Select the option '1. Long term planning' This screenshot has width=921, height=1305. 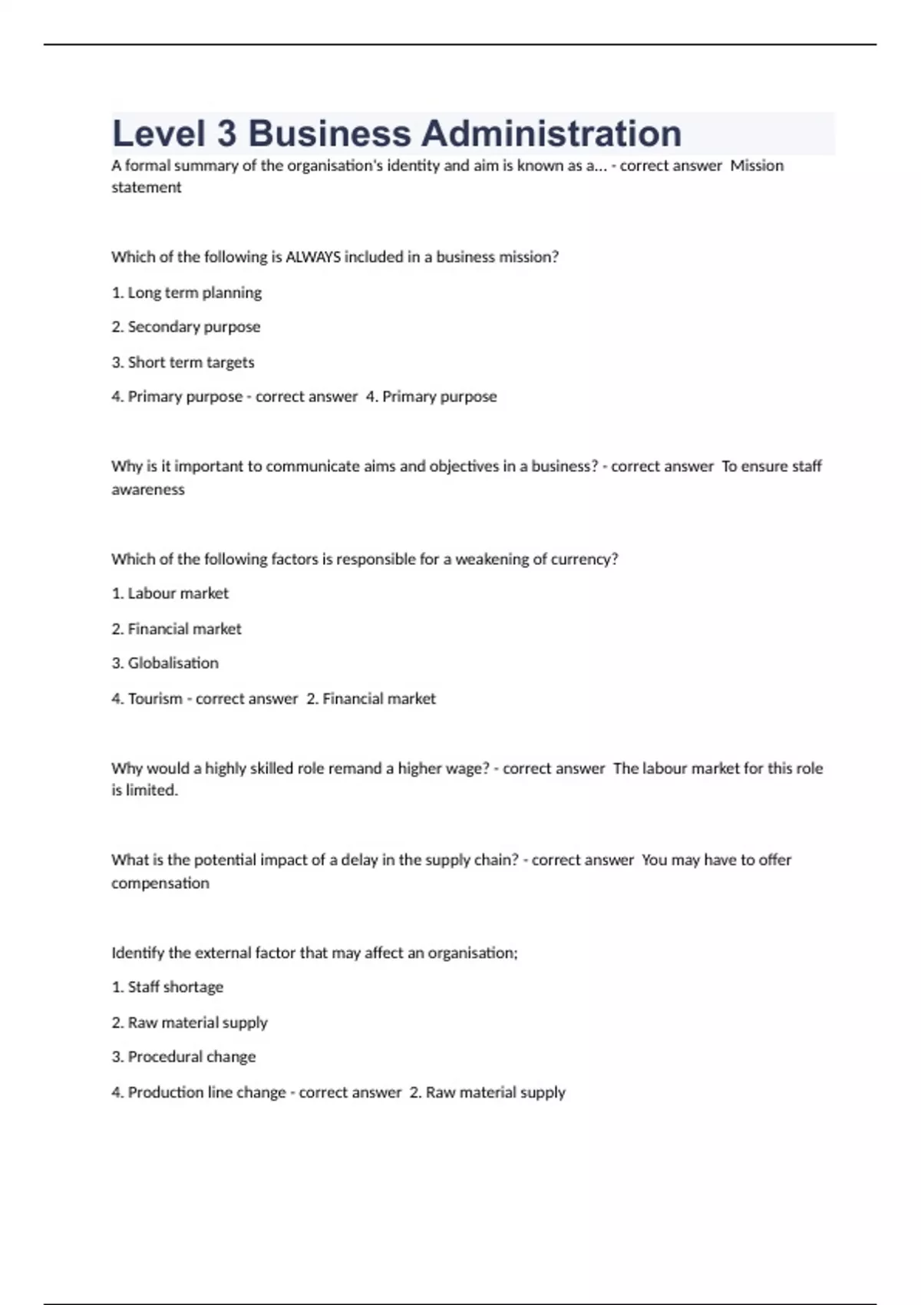pyautogui.click(x=187, y=292)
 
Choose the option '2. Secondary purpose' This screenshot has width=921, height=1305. pyautogui.click(x=186, y=327)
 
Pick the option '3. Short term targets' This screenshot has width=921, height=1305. pyautogui.click(x=183, y=362)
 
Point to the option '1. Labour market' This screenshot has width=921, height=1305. pyautogui.click(x=170, y=593)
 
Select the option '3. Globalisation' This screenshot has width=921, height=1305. pyautogui.click(x=165, y=663)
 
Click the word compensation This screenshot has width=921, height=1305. pyautogui.click(x=160, y=884)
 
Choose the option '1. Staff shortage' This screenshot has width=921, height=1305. pyautogui.click(x=167, y=987)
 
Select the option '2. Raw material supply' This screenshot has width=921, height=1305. pyautogui.click(x=190, y=1023)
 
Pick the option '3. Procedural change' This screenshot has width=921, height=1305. pyautogui.click(x=183, y=1057)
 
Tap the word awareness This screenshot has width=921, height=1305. pyautogui.click(x=148, y=490)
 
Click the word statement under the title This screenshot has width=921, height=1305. pyautogui.click(x=146, y=187)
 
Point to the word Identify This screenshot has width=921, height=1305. pyautogui.click(x=137, y=953)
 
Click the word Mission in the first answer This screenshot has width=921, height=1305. pyautogui.click(x=757, y=166)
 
